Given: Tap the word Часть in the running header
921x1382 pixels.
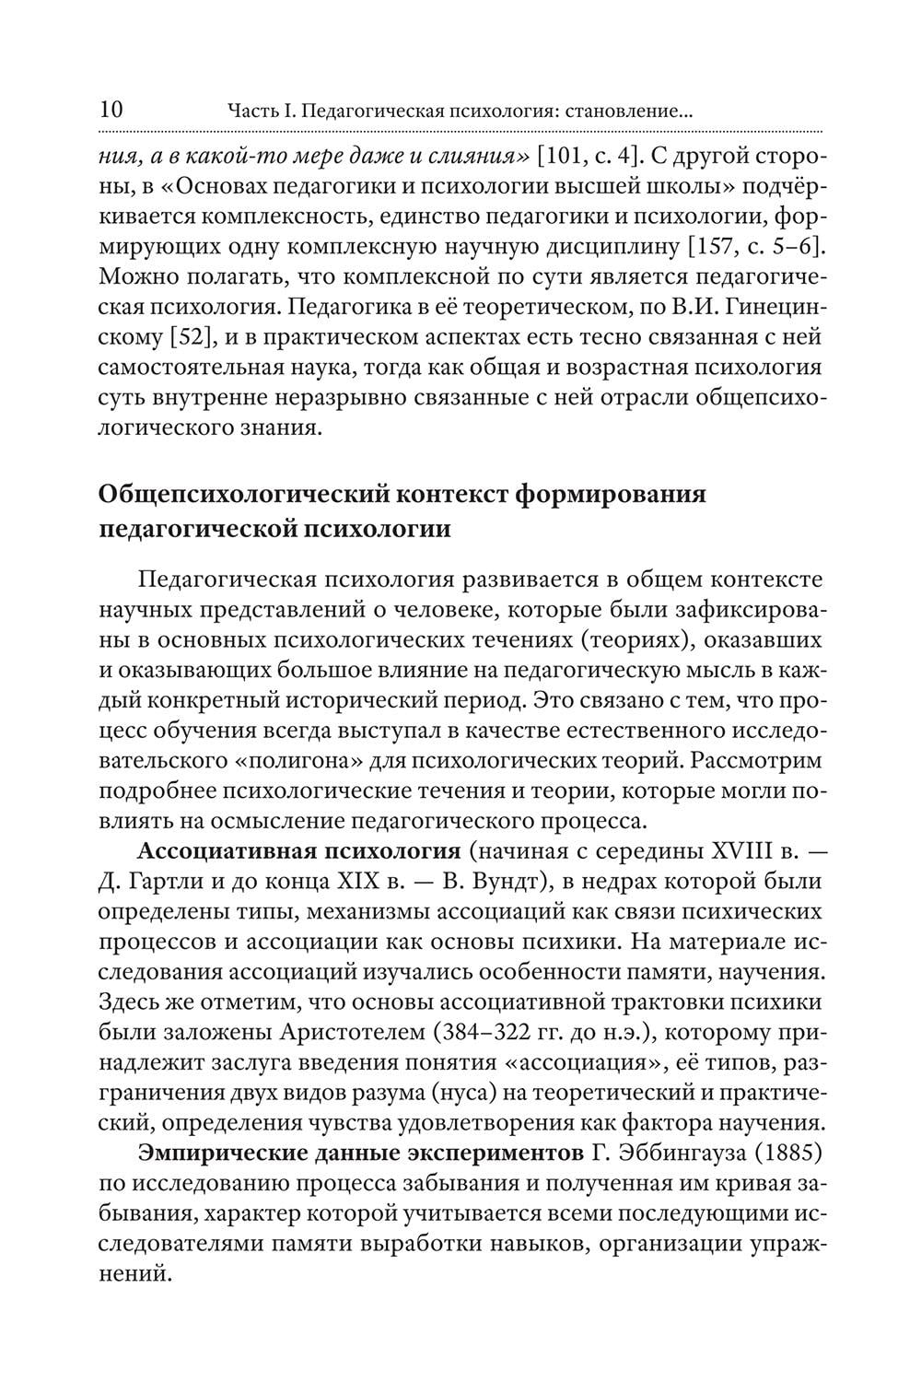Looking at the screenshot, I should point(252,112).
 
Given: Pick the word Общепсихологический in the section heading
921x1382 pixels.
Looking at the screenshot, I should point(241,494).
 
